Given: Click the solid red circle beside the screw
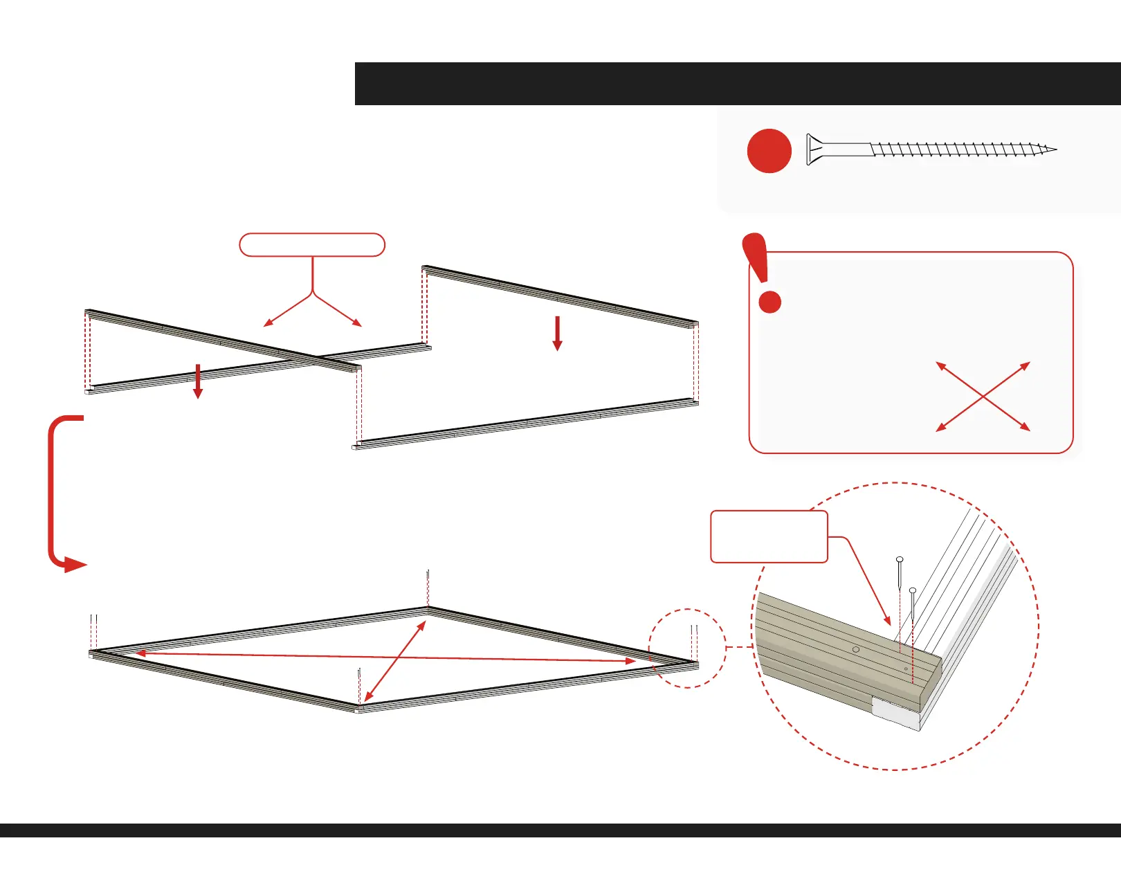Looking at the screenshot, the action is pyautogui.click(x=769, y=151).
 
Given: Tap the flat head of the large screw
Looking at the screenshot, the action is pyautogui.click(x=810, y=149).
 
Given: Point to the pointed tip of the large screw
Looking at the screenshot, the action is pyautogui.click(x=1054, y=149).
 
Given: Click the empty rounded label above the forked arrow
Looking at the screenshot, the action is pyautogui.click(x=311, y=245).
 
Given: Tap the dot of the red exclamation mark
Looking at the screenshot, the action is pyautogui.click(x=770, y=302).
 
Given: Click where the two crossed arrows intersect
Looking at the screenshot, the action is pyautogui.click(x=983, y=397).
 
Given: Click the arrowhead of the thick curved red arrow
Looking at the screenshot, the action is pyautogui.click(x=74, y=565).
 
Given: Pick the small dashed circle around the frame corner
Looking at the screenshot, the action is pyautogui.click(x=687, y=648).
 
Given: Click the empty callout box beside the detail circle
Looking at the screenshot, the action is pyautogui.click(x=769, y=536).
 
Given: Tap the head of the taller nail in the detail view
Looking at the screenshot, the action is pyautogui.click(x=900, y=559).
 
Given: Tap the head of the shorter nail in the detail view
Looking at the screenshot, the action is pyautogui.click(x=913, y=590).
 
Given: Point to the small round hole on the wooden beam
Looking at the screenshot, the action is pyautogui.click(x=856, y=649).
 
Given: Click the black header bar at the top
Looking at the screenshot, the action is pyautogui.click(x=737, y=84).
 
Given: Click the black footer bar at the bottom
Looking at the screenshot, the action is pyautogui.click(x=560, y=830).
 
